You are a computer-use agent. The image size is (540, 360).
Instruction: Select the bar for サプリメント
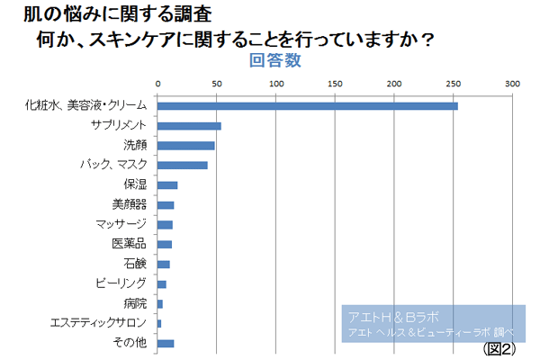[x=190, y=126]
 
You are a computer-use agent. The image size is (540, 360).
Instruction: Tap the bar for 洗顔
[x=186, y=146]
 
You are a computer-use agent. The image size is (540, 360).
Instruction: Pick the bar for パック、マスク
[x=183, y=165]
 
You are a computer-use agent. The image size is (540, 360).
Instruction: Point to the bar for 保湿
[x=168, y=185]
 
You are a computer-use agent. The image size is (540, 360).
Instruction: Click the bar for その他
[x=166, y=343]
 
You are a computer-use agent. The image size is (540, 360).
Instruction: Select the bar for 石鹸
[x=164, y=264]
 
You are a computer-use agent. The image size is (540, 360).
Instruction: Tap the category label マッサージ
[x=121, y=224]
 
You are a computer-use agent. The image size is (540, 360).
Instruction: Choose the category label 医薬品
[x=129, y=244]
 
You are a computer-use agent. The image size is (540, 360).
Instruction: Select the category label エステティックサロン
[x=94, y=323]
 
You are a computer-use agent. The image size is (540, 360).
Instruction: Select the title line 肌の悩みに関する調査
[x=118, y=15]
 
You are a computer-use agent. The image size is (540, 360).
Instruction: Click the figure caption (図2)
[x=499, y=348]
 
